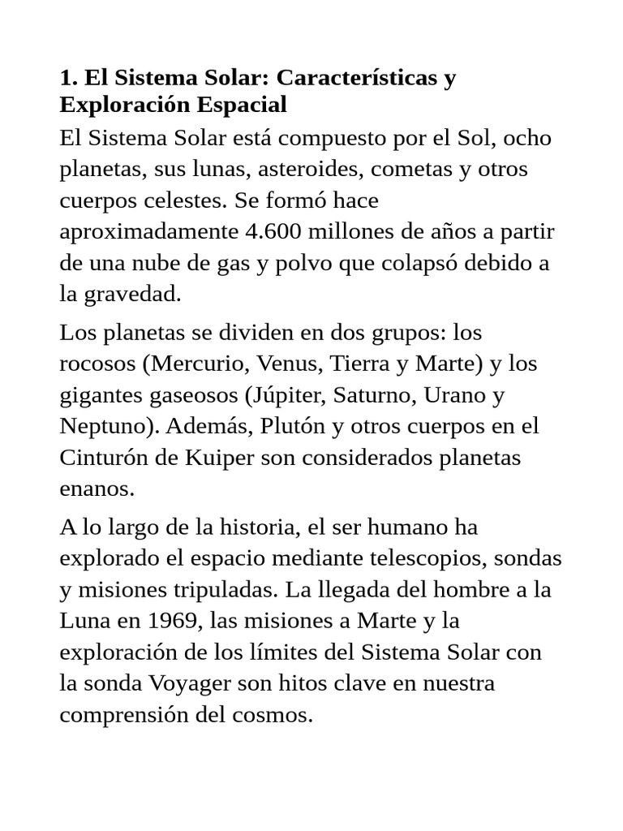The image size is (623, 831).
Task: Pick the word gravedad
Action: coord(135,294)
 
